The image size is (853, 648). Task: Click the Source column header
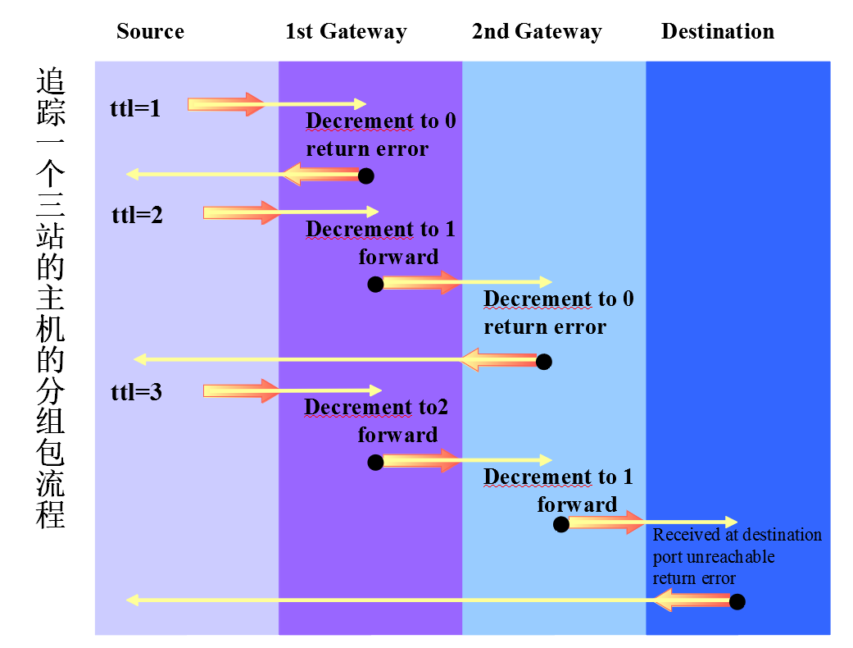coord(150,32)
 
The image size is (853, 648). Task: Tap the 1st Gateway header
coord(346,32)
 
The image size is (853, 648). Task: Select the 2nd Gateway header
coord(537,32)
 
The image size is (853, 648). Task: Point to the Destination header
coord(717,32)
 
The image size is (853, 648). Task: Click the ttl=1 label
coord(135,107)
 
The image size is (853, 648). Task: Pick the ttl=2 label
coord(137,216)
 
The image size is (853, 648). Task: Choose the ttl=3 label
coord(136,392)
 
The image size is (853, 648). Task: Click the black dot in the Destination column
coord(737,602)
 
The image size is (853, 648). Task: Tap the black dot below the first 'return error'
coord(366,176)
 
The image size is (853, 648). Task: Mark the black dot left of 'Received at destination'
coord(561,524)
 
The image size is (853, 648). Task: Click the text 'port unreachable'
coord(714,557)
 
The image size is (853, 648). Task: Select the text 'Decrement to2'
coord(376,407)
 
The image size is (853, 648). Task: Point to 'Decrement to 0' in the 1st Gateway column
coord(381,121)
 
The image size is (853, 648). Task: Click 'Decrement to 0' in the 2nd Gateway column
coord(559,299)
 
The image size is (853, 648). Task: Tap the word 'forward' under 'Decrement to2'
coord(397,435)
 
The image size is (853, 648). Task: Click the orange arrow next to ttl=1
coord(226,104)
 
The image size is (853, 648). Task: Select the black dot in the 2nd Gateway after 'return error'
coord(543,362)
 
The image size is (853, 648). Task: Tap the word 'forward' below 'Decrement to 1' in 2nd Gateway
coord(577,504)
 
